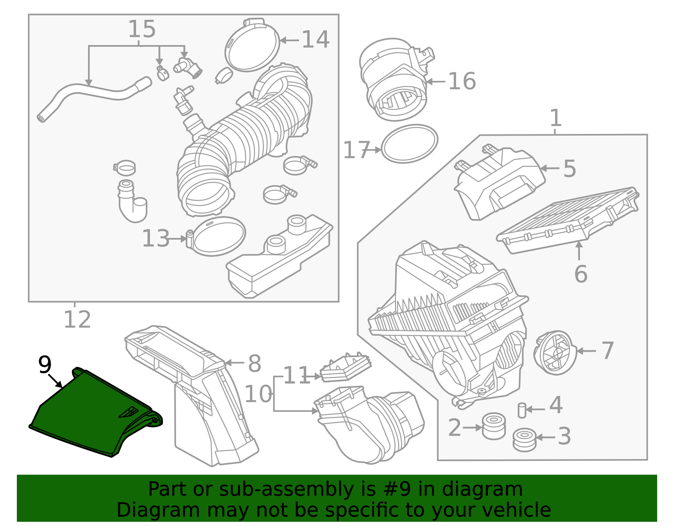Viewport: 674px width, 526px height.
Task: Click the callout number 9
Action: [x=45, y=365]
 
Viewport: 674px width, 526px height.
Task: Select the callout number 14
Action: [x=316, y=40]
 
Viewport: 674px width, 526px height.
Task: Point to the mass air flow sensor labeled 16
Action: [x=394, y=80]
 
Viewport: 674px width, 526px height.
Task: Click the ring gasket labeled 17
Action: [x=409, y=144]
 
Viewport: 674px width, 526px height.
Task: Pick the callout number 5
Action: [x=570, y=168]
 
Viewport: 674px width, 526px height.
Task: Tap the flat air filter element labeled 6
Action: [x=567, y=221]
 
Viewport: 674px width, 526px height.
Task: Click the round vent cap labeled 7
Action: [x=555, y=352]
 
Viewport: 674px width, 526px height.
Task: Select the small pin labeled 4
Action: [x=522, y=410]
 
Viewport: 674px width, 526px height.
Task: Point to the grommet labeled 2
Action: [x=493, y=426]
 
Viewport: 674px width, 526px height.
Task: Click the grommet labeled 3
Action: [x=524, y=440]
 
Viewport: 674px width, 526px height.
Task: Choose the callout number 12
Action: [x=77, y=320]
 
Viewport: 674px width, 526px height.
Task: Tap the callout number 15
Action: [x=142, y=29]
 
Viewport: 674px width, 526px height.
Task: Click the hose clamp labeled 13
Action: [x=217, y=236]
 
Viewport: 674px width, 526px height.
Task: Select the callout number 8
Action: [x=254, y=363]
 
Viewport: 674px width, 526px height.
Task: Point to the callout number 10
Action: [x=258, y=394]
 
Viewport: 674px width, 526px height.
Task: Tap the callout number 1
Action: [x=556, y=118]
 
